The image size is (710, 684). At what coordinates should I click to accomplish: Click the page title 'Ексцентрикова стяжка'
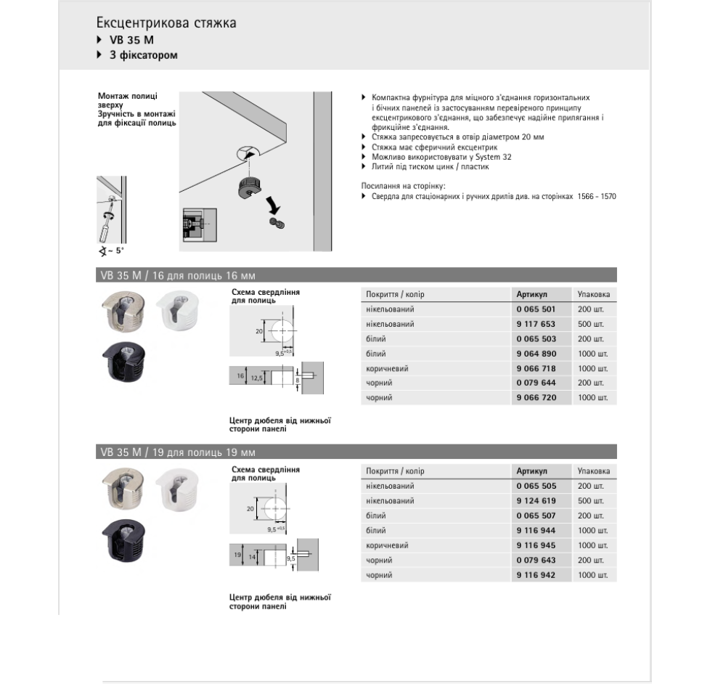click(166, 23)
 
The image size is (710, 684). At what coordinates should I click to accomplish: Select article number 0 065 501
click(535, 309)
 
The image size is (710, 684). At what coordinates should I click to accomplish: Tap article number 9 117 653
click(535, 324)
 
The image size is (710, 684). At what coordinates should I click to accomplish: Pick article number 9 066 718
click(535, 369)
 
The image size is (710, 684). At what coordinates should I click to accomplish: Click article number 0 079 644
click(535, 383)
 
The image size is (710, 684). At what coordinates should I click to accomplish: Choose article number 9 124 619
click(535, 501)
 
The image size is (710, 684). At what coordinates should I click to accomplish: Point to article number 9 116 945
click(535, 545)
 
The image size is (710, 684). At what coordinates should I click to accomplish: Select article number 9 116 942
click(535, 575)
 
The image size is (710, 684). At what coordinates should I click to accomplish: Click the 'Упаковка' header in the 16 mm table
click(594, 294)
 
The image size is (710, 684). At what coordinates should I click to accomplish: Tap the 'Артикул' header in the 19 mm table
click(531, 471)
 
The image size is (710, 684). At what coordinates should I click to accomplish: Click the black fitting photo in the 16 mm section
click(123, 362)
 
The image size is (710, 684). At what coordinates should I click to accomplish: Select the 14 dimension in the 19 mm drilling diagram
click(252, 557)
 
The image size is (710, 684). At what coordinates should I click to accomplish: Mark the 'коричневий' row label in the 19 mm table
click(387, 545)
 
